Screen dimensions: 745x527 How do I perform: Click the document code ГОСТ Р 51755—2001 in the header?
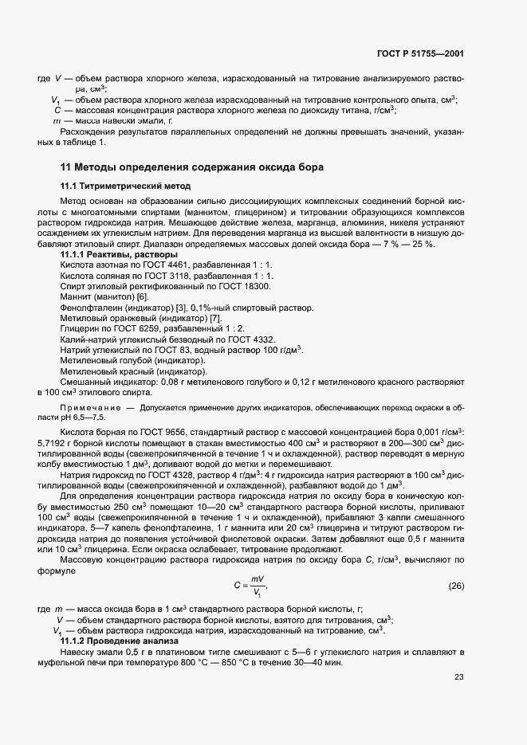click(419, 54)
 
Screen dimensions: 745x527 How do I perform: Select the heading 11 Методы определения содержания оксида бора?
click(191, 167)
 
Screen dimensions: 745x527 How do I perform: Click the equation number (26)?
click(455, 586)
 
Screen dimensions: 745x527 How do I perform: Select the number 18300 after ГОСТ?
click(256, 286)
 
